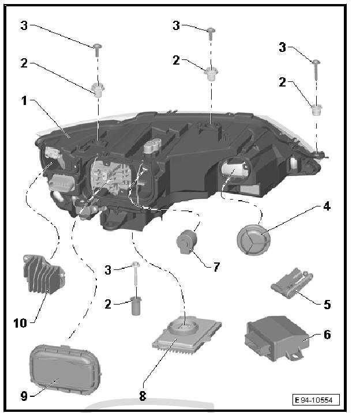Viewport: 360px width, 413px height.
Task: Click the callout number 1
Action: pyautogui.click(x=24, y=101)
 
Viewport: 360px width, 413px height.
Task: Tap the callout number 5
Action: pyautogui.click(x=327, y=304)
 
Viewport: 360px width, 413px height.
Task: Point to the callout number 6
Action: pyautogui.click(x=327, y=335)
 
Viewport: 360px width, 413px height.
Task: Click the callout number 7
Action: pyautogui.click(x=216, y=266)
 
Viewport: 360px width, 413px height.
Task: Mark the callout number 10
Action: pyautogui.click(x=20, y=324)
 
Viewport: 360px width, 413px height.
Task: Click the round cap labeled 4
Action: pyautogui.click(x=253, y=237)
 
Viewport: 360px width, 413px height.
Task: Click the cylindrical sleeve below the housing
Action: pyautogui.click(x=137, y=305)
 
